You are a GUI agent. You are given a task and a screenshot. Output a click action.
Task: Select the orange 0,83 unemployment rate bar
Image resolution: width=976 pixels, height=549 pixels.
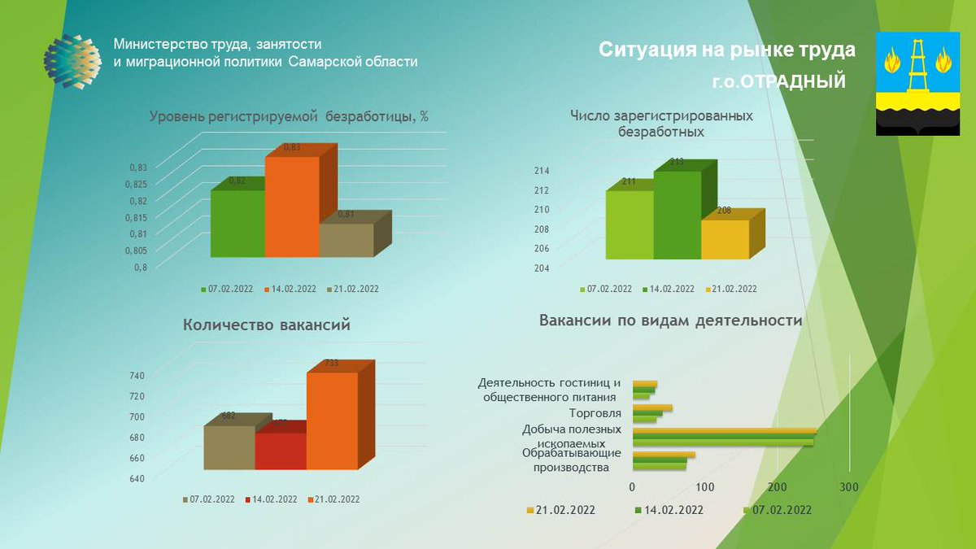point(291,207)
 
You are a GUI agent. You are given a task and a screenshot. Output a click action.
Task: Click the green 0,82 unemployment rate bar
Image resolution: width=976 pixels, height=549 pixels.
point(237,224)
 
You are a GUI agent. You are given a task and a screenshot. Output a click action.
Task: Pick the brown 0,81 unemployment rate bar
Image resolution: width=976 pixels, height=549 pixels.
point(346,240)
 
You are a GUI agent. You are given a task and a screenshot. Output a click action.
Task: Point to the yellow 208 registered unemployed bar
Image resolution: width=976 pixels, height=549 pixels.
point(725,239)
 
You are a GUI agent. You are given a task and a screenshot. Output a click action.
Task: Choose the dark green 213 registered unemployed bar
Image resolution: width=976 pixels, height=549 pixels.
point(677,215)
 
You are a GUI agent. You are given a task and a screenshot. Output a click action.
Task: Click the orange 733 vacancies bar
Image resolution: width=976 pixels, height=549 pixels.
point(332,420)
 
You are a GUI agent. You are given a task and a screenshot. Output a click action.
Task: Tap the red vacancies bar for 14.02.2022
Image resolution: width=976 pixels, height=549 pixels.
point(280,451)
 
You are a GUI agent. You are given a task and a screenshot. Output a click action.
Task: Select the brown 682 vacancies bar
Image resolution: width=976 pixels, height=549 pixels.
point(229,447)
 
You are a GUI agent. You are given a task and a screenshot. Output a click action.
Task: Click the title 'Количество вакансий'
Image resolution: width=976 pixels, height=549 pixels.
point(267,325)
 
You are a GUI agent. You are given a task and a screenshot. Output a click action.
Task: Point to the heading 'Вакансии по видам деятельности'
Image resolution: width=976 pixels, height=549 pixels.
point(670,320)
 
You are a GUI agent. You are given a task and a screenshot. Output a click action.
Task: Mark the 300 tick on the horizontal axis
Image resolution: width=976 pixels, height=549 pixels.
point(848,486)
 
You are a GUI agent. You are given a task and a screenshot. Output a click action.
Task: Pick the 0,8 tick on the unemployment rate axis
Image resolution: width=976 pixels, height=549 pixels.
point(141,267)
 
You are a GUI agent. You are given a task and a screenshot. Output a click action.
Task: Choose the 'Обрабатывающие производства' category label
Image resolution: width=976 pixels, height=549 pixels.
point(571,460)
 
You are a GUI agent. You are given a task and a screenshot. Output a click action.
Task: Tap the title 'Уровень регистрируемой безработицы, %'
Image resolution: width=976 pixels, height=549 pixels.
point(289,116)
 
